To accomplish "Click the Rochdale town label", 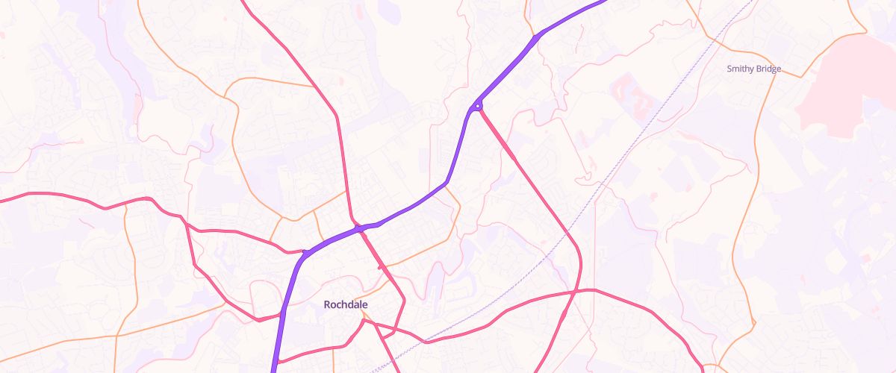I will (x=346, y=304).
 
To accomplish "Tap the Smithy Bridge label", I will (x=753, y=69).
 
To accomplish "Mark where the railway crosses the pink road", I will (x=426, y=342).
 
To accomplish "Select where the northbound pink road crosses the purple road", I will (x=359, y=228).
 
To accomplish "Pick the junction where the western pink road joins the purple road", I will (x=305, y=252).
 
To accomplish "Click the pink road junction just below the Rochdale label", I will (x=365, y=322).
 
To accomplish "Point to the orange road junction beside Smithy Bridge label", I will (x=769, y=75).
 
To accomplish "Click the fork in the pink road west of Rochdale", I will (x=183, y=218).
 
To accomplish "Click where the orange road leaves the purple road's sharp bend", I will (x=447, y=184).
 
